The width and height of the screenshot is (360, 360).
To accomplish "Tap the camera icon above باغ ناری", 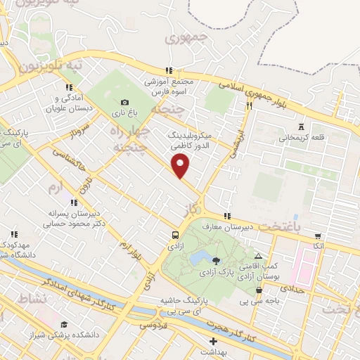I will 125,103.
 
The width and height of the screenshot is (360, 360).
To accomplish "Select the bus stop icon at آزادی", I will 174,236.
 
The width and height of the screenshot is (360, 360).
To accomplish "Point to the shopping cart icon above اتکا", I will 319,236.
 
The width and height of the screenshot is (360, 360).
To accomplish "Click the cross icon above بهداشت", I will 214,340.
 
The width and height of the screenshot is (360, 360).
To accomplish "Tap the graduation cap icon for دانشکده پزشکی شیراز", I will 64,324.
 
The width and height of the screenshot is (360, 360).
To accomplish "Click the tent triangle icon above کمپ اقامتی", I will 259,257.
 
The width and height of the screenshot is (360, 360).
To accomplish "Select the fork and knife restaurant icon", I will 249,105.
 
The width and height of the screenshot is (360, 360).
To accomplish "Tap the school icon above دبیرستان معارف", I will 226,216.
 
